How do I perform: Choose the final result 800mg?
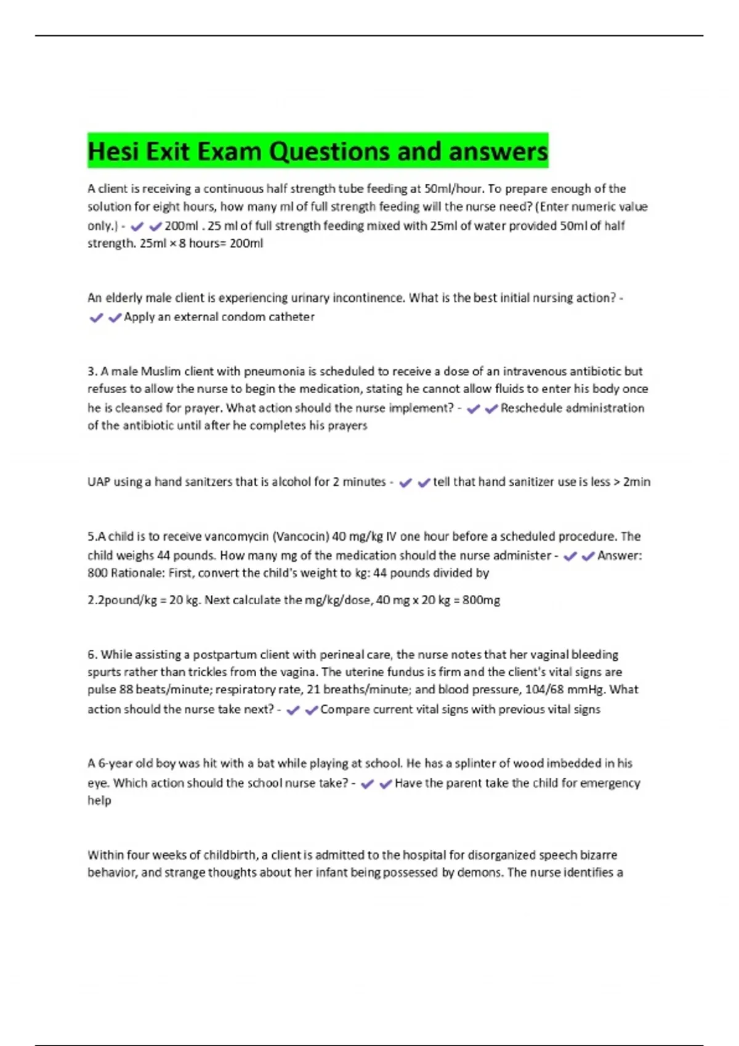(x=481, y=600)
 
